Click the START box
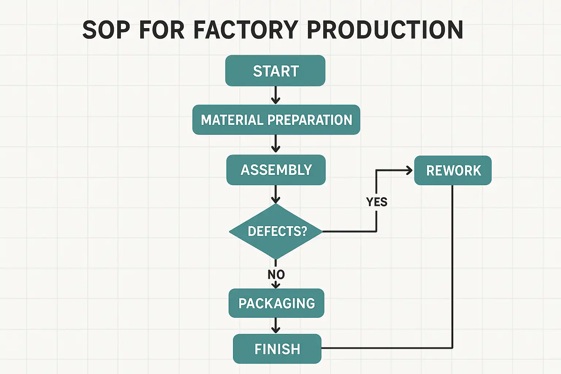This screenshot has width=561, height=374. (275, 71)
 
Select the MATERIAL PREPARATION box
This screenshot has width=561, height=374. (276, 120)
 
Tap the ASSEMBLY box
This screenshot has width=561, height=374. (276, 170)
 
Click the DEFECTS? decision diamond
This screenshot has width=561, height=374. (276, 231)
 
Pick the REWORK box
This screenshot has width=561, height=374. (453, 171)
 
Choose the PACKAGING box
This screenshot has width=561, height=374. (276, 303)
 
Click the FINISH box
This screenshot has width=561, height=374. (277, 349)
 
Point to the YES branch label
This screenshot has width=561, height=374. (377, 202)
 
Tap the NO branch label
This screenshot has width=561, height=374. (276, 274)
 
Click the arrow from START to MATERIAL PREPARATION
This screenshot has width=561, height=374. (276, 95)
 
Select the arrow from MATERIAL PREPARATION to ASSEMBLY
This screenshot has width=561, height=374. (276, 144)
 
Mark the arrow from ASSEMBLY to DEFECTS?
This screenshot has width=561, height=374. (276, 194)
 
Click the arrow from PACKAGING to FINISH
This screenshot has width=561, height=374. (276, 325)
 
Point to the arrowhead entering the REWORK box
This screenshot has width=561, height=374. (409, 170)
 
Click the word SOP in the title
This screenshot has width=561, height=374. (106, 30)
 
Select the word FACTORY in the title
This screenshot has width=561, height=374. (245, 30)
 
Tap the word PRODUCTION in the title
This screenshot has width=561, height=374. (385, 30)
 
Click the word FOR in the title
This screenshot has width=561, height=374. (161, 30)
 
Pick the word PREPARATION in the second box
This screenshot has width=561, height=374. (310, 120)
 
